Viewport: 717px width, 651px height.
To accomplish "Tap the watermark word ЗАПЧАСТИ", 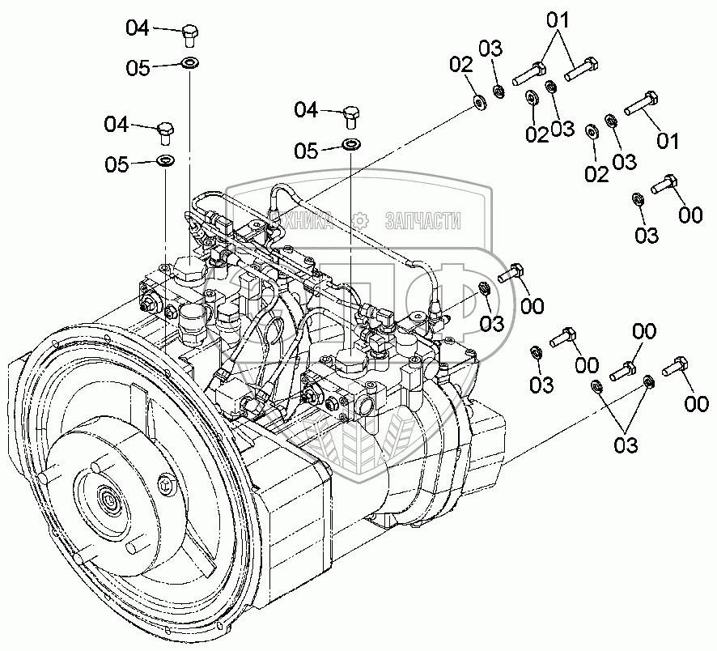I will coord(424,219).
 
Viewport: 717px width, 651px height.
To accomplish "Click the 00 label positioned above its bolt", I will coord(644,331).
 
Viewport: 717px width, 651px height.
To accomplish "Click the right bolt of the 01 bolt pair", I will coord(582,70).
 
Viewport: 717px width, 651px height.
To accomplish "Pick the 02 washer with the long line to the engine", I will coord(479,101).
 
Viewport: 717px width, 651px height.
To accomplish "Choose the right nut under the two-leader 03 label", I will coord(647,381).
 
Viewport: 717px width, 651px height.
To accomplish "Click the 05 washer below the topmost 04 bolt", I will coord(189,64).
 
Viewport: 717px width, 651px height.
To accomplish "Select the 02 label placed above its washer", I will coord(460,64).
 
